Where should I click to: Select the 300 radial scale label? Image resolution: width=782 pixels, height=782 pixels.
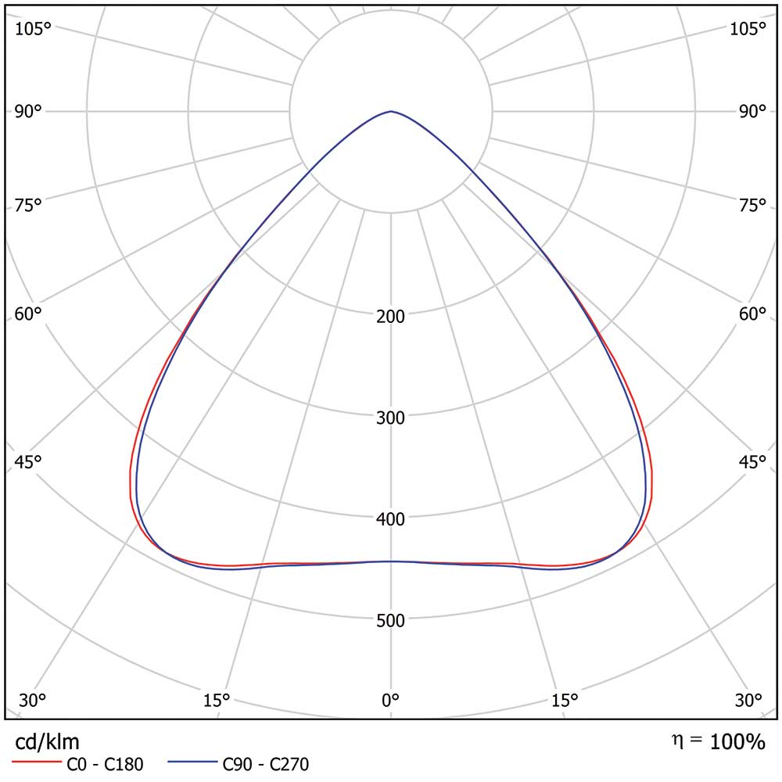pyautogui.click(x=391, y=418)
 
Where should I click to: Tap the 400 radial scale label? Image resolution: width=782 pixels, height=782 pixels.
pyautogui.click(x=391, y=519)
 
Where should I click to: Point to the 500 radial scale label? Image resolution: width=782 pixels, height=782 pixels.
pyautogui.click(x=391, y=621)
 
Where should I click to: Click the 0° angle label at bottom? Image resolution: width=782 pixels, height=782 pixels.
pyautogui.click(x=391, y=698)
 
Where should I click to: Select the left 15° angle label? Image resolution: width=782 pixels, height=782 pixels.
pyautogui.click(x=216, y=698)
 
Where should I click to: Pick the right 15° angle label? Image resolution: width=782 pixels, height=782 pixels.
pyautogui.click(x=565, y=698)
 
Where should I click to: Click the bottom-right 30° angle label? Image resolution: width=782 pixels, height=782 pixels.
pyautogui.click(x=748, y=698)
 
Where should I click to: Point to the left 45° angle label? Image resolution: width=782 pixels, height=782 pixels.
pyautogui.click(x=28, y=461)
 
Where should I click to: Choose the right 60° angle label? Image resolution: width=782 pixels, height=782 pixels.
pyautogui.click(x=753, y=314)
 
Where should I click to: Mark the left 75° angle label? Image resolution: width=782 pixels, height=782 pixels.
pyautogui.click(x=28, y=206)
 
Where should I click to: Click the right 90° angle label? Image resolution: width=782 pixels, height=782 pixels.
pyautogui.click(x=753, y=111)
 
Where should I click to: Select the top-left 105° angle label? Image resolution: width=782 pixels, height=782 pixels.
pyautogui.click(x=33, y=29)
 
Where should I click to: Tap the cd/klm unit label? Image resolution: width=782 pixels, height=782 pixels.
pyautogui.click(x=48, y=741)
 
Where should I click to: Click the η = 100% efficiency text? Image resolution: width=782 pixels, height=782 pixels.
pyautogui.click(x=718, y=741)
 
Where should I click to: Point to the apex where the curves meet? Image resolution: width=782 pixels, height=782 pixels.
pyautogui.click(x=391, y=112)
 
